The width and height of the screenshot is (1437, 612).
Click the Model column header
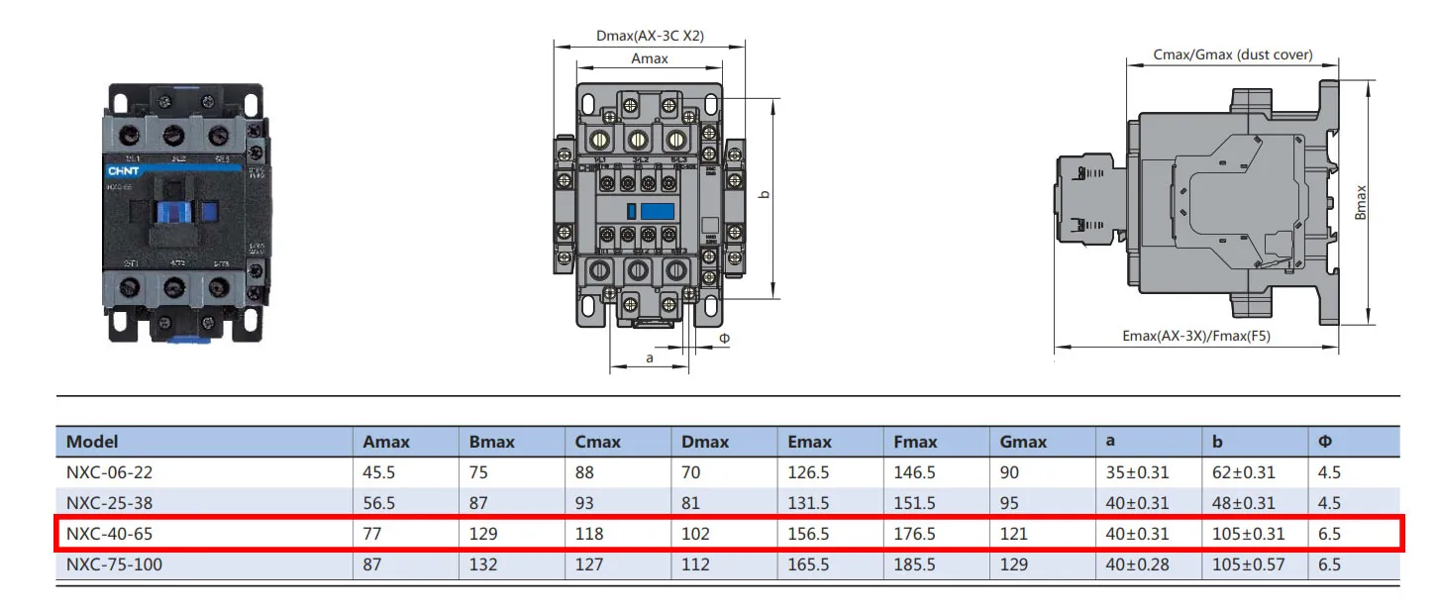click(92, 442)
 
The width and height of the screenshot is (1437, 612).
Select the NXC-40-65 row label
click(109, 534)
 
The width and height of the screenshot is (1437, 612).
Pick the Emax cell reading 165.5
click(808, 564)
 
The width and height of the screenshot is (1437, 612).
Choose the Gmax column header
click(1023, 442)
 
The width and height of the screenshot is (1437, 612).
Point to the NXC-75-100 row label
click(114, 564)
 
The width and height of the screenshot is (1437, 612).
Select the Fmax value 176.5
click(914, 534)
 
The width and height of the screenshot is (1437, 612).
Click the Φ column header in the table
click(1325, 442)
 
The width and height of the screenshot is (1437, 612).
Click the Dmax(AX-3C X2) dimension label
click(650, 37)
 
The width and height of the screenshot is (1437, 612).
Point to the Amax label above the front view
click(650, 58)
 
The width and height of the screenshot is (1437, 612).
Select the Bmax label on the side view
click(1361, 202)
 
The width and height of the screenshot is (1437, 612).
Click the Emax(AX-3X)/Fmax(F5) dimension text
click(1196, 336)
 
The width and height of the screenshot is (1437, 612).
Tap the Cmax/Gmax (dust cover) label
click(1233, 54)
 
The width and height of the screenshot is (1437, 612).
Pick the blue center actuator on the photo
click(173, 213)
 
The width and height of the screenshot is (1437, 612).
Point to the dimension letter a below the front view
click(650, 357)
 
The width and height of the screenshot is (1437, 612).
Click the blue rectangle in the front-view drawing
click(658, 210)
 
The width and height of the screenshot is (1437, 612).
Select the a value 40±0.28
click(1137, 564)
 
